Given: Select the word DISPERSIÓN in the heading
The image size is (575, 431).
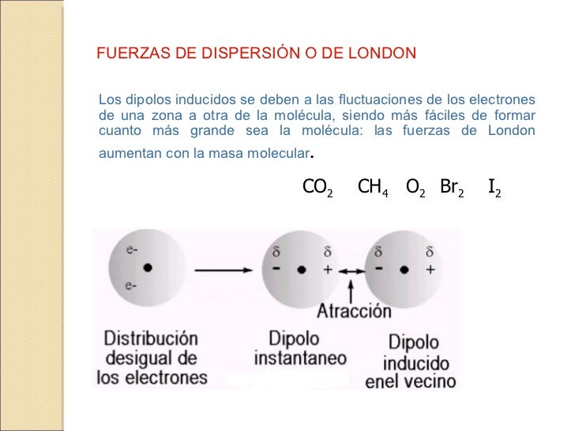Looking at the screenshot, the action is coord(244,54).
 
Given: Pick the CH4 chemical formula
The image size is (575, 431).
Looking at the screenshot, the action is coord(373,187).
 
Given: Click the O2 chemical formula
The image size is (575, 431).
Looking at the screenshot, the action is coord(416,187).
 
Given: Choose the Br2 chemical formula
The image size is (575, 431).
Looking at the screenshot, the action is coord(452,187).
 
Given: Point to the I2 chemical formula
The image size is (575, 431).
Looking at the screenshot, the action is coord(494,187).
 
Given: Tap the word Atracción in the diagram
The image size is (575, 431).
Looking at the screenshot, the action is coord(353,309).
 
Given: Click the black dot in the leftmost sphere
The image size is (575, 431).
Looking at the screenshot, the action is coord(147,268).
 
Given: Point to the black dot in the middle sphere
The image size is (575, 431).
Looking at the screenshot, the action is coord(301,269).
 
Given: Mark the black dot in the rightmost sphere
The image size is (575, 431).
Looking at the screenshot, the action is coord(404,269).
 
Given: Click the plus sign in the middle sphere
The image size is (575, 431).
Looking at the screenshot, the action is coord(328,269).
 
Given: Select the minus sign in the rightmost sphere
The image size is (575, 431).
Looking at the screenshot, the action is coord(380,268).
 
